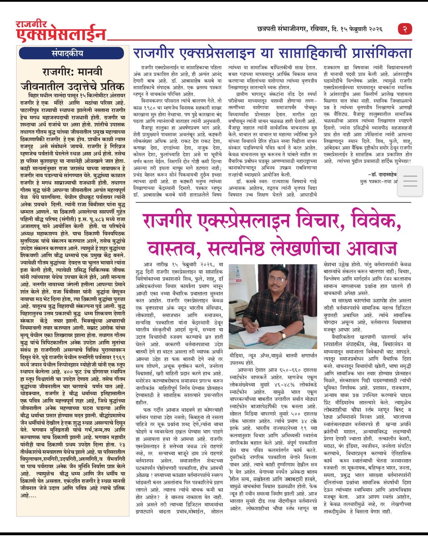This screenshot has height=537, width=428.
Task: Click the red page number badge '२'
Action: (405, 29)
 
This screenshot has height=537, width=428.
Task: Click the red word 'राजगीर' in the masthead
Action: (32, 25)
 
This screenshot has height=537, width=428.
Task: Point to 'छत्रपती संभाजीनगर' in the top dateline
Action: (281, 29)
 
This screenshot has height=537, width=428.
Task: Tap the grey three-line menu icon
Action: (410, 181)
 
